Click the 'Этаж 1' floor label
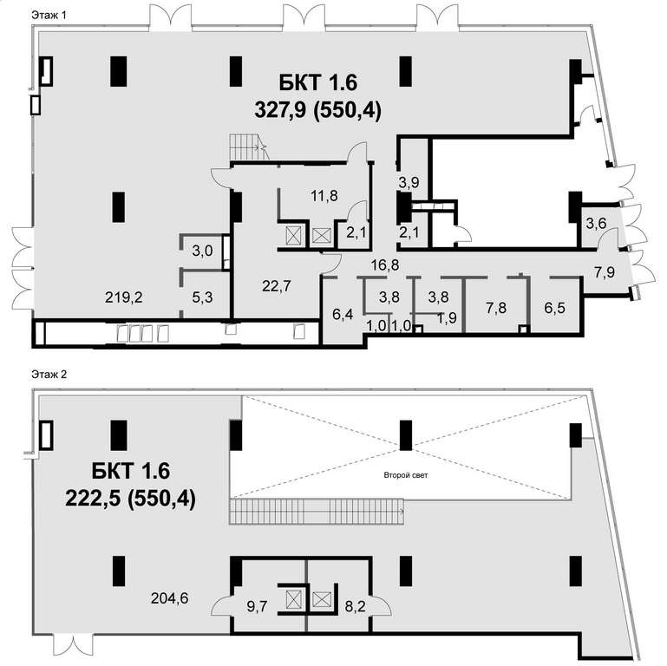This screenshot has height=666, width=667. (x=49, y=16)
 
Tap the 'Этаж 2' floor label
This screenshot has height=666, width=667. (x=49, y=375)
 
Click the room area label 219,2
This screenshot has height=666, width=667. (x=124, y=297)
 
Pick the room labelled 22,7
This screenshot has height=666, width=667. (x=277, y=286)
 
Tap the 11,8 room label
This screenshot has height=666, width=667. (x=324, y=196)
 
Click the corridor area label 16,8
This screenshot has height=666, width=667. (x=385, y=265)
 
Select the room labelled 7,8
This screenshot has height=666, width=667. (x=496, y=307)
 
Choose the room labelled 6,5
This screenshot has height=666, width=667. (x=555, y=307)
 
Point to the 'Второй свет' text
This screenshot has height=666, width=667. (x=406, y=475)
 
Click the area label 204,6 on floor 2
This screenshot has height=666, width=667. (x=169, y=598)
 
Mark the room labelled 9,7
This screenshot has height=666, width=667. (x=257, y=606)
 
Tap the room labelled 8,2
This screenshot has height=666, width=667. (x=356, y=606)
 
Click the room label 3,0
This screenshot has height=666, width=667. (x=202, y=251)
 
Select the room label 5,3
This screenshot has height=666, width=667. (x=202, y=297)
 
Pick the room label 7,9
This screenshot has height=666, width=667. (x=605, y=271)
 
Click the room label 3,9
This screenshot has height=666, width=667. (x=409, y=182)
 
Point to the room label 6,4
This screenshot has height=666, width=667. (x=343, y=315)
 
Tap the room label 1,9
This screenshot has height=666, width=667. (x=447, y=317)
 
